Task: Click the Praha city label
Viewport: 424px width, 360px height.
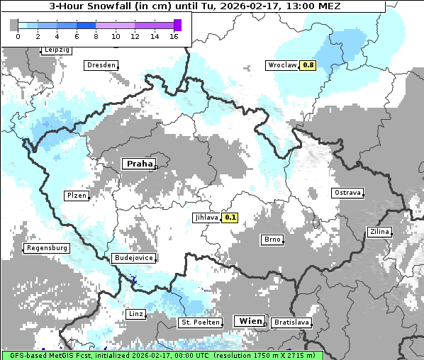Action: (x=138, y=164)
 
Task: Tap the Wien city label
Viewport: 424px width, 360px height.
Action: (x=250, y=321)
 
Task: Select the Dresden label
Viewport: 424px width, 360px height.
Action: (x=101, y=65)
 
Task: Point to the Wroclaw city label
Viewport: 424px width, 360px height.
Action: (x=281, y=65)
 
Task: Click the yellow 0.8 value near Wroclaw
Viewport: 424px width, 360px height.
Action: (x=308, y=65)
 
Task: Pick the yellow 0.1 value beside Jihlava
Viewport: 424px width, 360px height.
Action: (x=230, y=218)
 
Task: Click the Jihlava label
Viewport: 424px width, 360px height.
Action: (x=206, y=218)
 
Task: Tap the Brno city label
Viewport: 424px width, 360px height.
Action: (x=272, y=240)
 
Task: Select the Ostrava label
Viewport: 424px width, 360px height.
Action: (x=347, y=193)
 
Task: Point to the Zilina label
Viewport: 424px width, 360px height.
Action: (x=379, y=232)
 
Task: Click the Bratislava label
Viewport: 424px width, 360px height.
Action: (x=291, y=322)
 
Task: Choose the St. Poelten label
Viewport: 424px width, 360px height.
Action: (x=200, y=322)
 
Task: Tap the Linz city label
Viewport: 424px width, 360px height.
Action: (x=135, y=313)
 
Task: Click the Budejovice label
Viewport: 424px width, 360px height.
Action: (x=133, y=258)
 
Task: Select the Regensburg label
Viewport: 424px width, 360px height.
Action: (x=47, y=248)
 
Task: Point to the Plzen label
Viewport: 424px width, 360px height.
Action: (x=76, y=196)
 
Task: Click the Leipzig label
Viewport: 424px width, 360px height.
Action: (x=56, y=50)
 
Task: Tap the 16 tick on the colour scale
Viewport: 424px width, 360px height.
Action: (x=174, y=36)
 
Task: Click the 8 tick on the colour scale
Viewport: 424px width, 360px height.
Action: (x=95, y=36)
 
